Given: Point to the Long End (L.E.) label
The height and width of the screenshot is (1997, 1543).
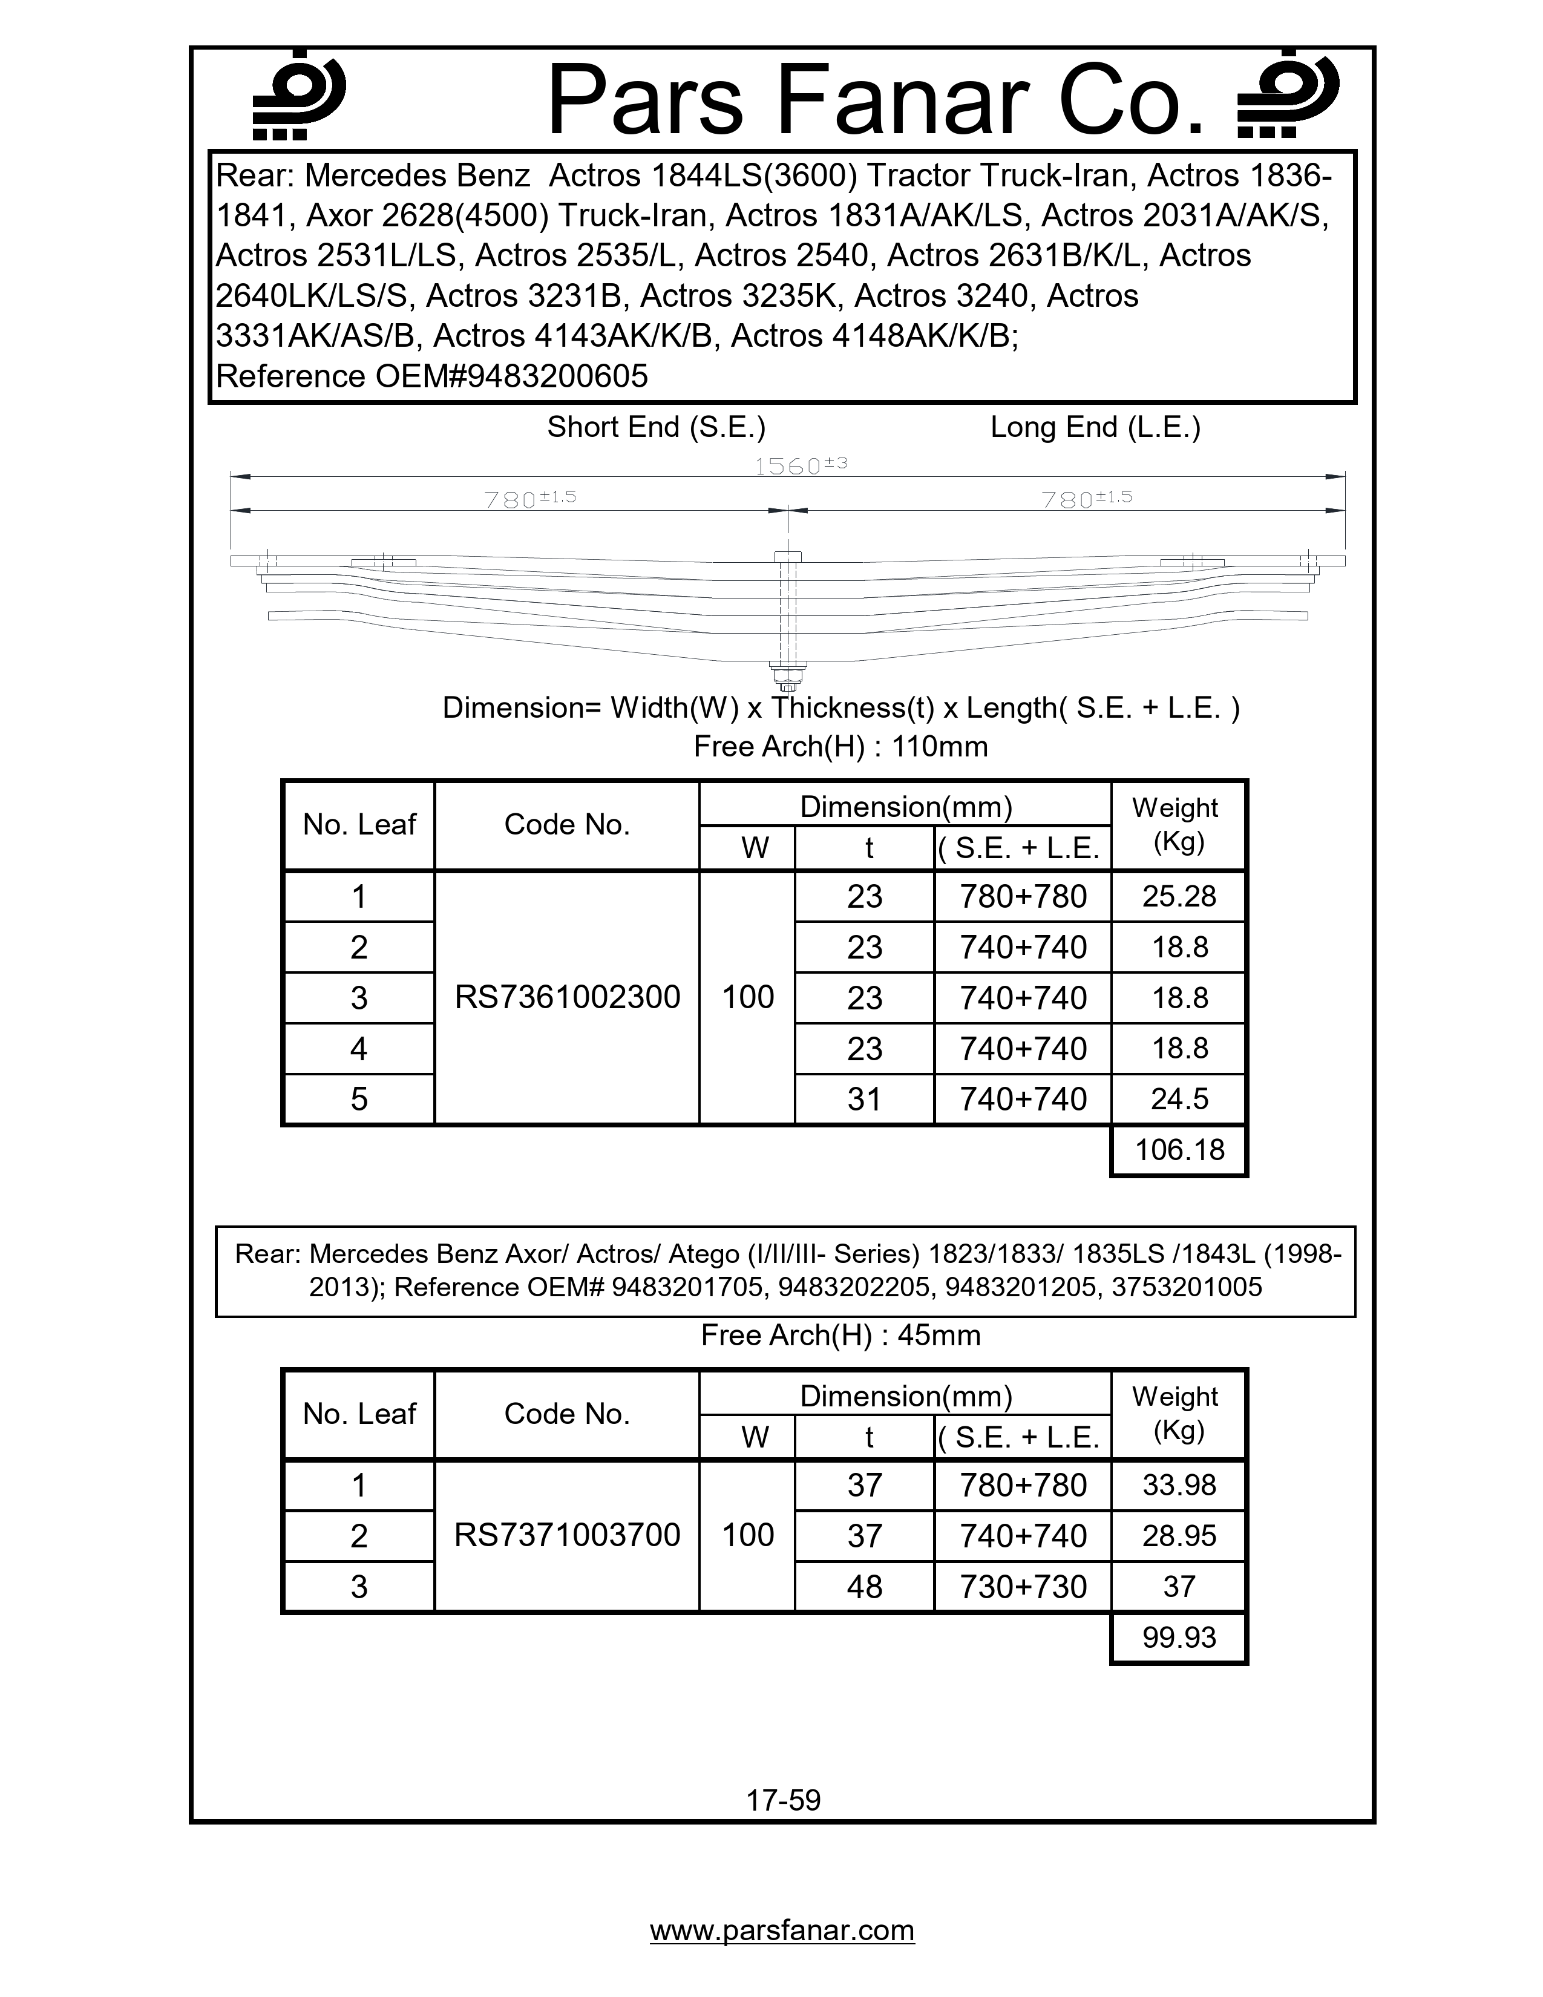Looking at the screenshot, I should click(x=1095, y=427).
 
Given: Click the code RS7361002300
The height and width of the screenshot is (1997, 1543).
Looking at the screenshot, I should click(x=567, y=997).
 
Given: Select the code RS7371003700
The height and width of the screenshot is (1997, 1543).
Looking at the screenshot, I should click(x=567, y=1534).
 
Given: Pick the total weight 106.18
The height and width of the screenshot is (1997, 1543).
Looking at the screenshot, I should click(x=1179, y=1149).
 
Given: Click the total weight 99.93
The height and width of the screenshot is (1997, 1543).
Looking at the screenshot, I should click(x=1179, y=1637).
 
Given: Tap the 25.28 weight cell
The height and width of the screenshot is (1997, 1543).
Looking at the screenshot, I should click(x=1179, y=896).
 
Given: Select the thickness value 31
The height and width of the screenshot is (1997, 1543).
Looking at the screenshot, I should click(x=865, y=1098).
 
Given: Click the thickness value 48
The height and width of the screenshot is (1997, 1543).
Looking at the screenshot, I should click(x=865, y=1585).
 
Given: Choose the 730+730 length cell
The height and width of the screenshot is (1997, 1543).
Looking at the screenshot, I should click(x=1023, y=1585).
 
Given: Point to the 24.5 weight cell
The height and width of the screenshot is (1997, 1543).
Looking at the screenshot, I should click(x=1179, y=1098).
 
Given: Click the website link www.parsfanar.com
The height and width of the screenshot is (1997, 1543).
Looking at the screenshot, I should click(x=782, y=1929).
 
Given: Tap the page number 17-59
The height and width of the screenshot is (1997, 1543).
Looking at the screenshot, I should click(x=784, y=1800).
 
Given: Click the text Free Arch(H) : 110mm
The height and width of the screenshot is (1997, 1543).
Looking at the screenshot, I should click(x=840, y=746).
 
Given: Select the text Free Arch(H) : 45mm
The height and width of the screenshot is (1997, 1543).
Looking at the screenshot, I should click(x=840, y=1335).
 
